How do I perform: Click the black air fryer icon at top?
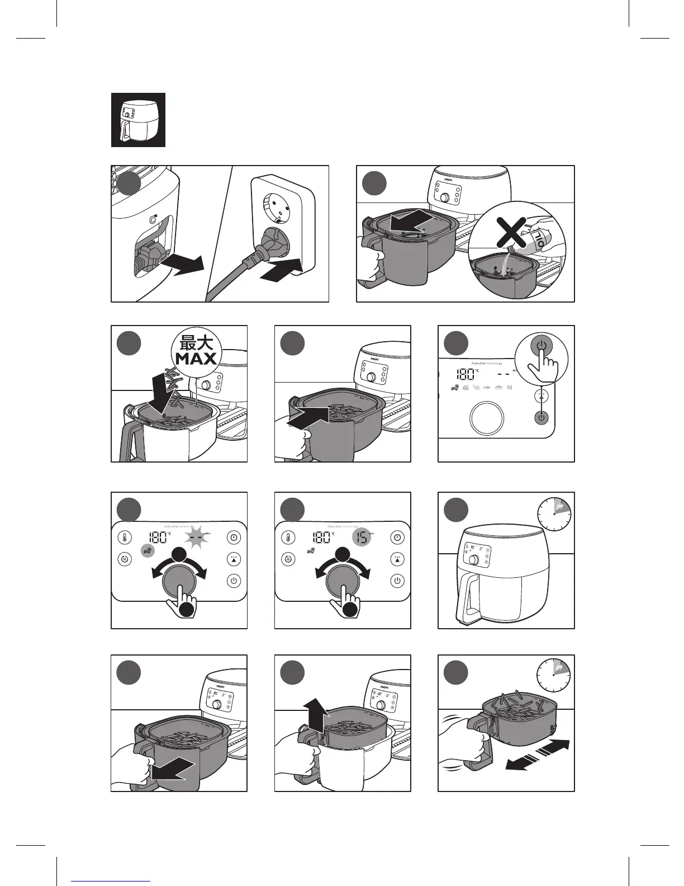pos(138,120)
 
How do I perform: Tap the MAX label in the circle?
pos(196,359)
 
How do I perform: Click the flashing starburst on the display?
pos(196,538)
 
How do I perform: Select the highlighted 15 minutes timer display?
pos(363,538)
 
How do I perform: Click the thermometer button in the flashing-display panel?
pos(125,538)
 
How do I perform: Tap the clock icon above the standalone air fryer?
pos(555,513)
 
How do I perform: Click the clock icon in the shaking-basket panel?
pos(555,675)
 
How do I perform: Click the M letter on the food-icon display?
pos(509,388)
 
